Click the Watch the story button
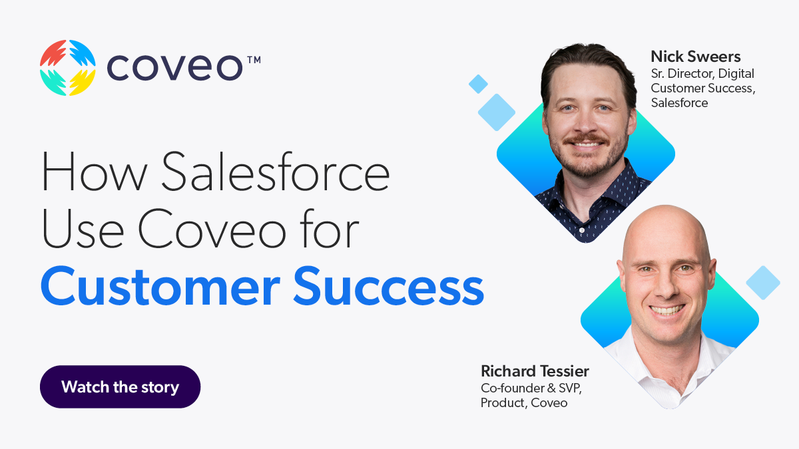pyautogui.click(x=120, y=386)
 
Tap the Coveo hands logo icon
pyautogui.click(x=68, y=67)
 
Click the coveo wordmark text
pyautogui.click(x=175, y=68)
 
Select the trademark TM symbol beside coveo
pyautogui.click(x=254, y=60)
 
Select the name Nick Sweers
pyautogui.click(x=695, y=57)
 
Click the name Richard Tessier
pyautogui.click(x=535, y=371)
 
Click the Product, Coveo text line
pyautogui.click(x=524, y=402)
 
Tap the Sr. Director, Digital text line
pyautogui.click(x=702, y=73)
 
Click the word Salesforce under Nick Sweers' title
pyautogui.click(x=679, y=102)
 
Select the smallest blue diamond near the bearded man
pyautogui.click(x=478, y=84)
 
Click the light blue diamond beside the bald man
pyautogui.click(x=763, y=282)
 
